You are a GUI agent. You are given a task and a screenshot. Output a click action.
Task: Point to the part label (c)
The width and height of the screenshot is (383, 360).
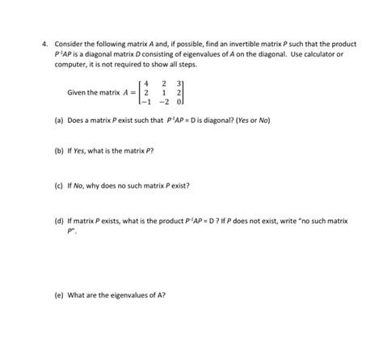tap(61, 185)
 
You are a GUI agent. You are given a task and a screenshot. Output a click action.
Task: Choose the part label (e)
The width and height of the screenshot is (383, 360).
tap(61, 294)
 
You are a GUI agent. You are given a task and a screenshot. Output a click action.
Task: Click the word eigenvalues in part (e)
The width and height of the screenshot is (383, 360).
tap(128, 294)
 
